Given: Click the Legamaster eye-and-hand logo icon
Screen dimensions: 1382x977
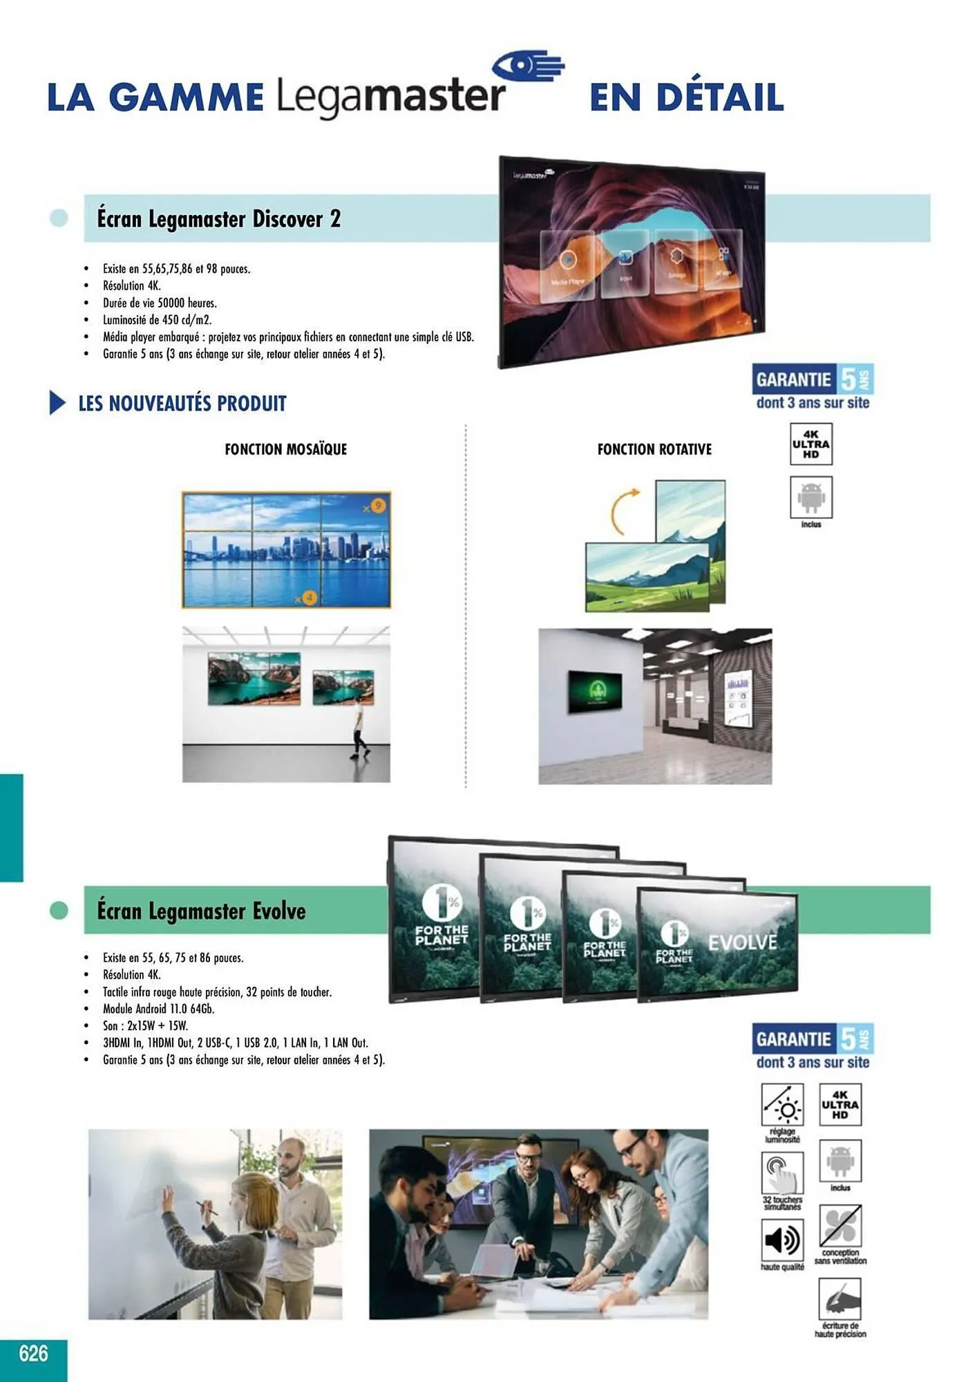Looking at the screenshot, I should point(529,66).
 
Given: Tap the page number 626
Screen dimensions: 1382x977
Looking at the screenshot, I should point(33,1352).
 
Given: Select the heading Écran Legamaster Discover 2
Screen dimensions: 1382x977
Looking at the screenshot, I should point(218,219).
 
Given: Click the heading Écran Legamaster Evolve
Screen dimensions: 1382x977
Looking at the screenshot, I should point(201,911).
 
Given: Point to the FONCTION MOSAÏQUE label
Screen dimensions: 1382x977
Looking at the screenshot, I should point(285,449).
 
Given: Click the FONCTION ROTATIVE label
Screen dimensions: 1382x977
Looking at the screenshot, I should point(654,449).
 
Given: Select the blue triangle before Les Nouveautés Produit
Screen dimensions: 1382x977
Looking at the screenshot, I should point(57,402).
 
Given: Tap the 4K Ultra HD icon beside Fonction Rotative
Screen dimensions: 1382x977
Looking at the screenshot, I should point(810,444).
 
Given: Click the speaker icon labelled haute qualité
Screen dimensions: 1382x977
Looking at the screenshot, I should point(781,1240).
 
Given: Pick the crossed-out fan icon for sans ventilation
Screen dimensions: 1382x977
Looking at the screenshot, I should point(840,1227).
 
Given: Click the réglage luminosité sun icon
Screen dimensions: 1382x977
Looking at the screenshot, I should point(781,1105).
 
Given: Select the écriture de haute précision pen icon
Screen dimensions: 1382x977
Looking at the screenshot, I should point(840,1299).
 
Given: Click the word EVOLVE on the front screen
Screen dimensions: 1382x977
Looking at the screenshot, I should point(742,943).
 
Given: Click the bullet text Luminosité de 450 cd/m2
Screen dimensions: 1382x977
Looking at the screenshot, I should point(157,320).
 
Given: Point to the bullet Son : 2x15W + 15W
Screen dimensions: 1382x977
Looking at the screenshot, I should point(145,1025).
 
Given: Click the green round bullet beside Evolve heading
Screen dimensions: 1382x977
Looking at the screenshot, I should point(59,910).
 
